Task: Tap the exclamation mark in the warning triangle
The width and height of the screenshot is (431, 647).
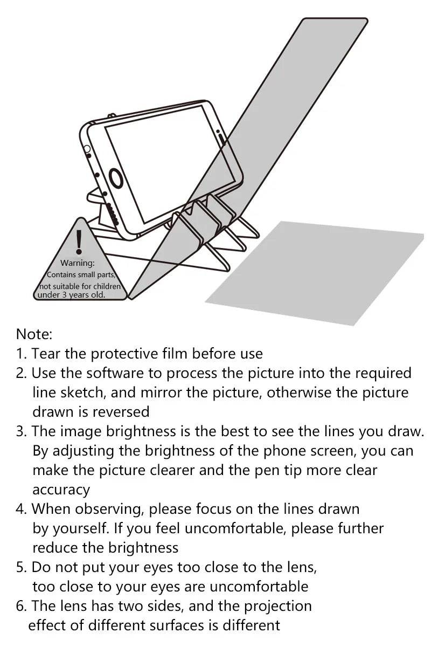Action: (79, 242)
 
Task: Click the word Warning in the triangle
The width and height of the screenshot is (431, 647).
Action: (78, 263)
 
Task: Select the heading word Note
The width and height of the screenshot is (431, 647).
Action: (34, 334)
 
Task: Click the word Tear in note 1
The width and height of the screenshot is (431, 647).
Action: (46, 354)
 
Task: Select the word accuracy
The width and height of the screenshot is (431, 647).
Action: (61, 490)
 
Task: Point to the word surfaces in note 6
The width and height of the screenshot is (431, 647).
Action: (168, 625)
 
